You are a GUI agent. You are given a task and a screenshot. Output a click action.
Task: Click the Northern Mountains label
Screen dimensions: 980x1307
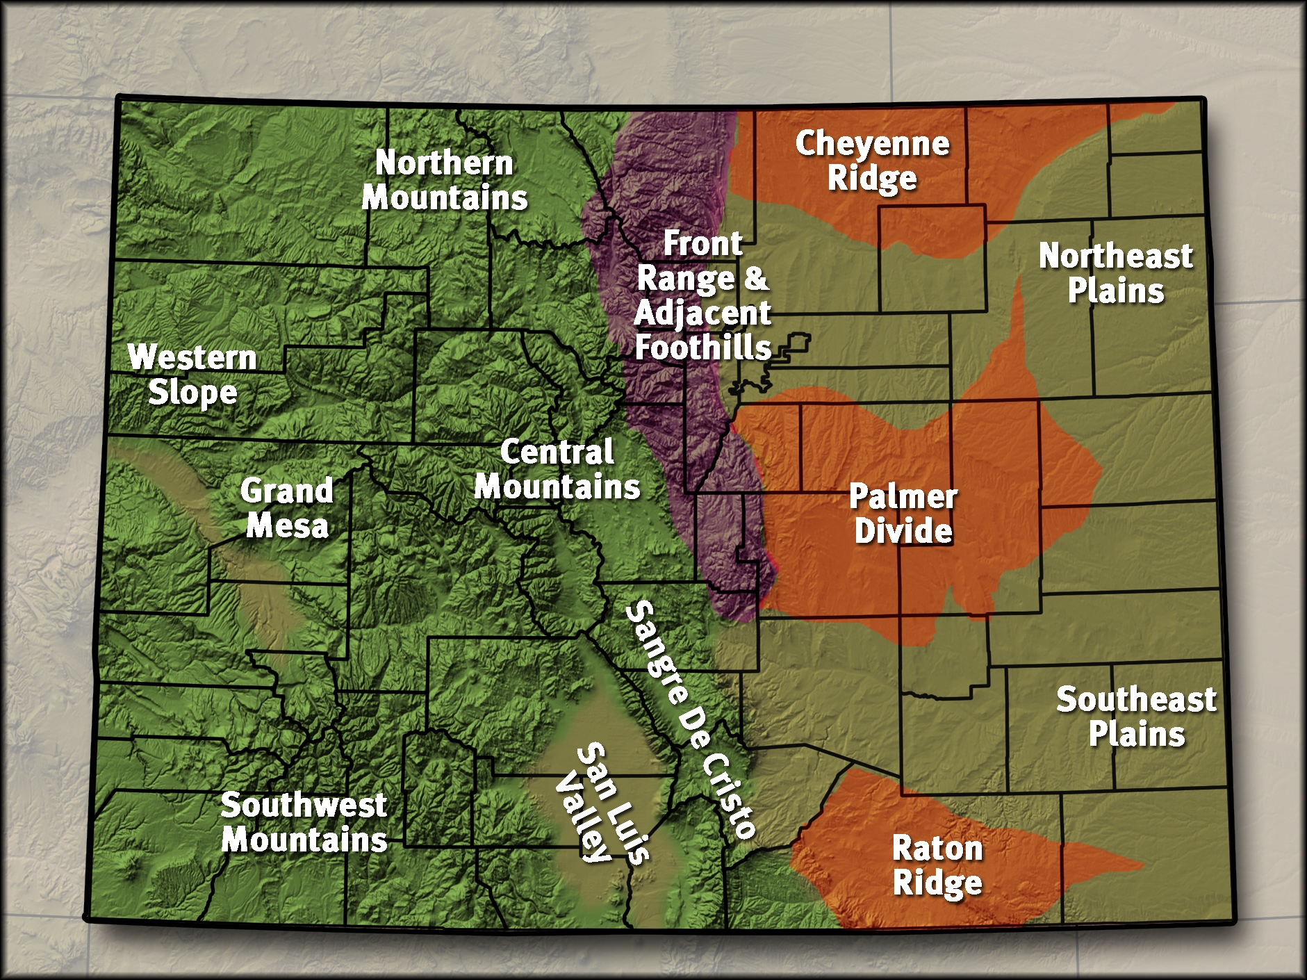(445, 180)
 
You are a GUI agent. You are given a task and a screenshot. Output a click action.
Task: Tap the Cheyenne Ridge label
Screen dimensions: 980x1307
(872, 161)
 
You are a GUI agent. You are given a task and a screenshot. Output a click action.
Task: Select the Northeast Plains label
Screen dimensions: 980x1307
(1116, 273)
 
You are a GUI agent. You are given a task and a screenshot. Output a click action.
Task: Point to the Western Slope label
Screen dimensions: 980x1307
(192, 375)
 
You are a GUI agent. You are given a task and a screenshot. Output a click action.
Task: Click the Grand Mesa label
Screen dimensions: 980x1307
(287, 508)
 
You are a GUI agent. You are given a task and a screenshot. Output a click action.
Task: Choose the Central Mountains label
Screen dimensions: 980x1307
(557, 470)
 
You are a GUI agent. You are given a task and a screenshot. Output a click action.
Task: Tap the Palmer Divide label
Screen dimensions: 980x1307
(903, 514)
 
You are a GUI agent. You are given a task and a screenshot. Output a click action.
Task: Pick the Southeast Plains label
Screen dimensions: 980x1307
(1136, 717)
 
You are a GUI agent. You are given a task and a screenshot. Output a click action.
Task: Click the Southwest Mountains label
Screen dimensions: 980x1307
(304, 823)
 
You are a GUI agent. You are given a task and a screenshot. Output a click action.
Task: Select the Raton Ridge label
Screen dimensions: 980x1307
(937, 866)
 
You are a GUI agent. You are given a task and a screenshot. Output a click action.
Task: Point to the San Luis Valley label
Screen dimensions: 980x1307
(603, 803)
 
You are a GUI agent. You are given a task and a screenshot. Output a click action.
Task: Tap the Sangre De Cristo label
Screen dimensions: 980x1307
(690, 719)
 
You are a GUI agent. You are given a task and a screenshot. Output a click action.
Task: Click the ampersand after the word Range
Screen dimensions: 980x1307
(756, 278)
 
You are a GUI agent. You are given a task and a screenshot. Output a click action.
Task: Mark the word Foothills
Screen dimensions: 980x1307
(703, 348)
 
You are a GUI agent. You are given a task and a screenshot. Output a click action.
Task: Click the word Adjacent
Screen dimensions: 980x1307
(702, 313)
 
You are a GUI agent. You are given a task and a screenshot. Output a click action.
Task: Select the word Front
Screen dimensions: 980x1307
(702, 244)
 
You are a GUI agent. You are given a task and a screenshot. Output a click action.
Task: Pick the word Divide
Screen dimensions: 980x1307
(903, 532)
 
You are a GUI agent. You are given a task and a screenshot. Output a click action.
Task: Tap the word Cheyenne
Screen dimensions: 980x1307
(872, 144)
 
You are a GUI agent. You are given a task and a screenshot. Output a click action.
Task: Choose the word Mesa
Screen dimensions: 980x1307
(287, 525)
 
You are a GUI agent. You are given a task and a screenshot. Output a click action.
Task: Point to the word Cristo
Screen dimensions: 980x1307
(728, 796)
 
